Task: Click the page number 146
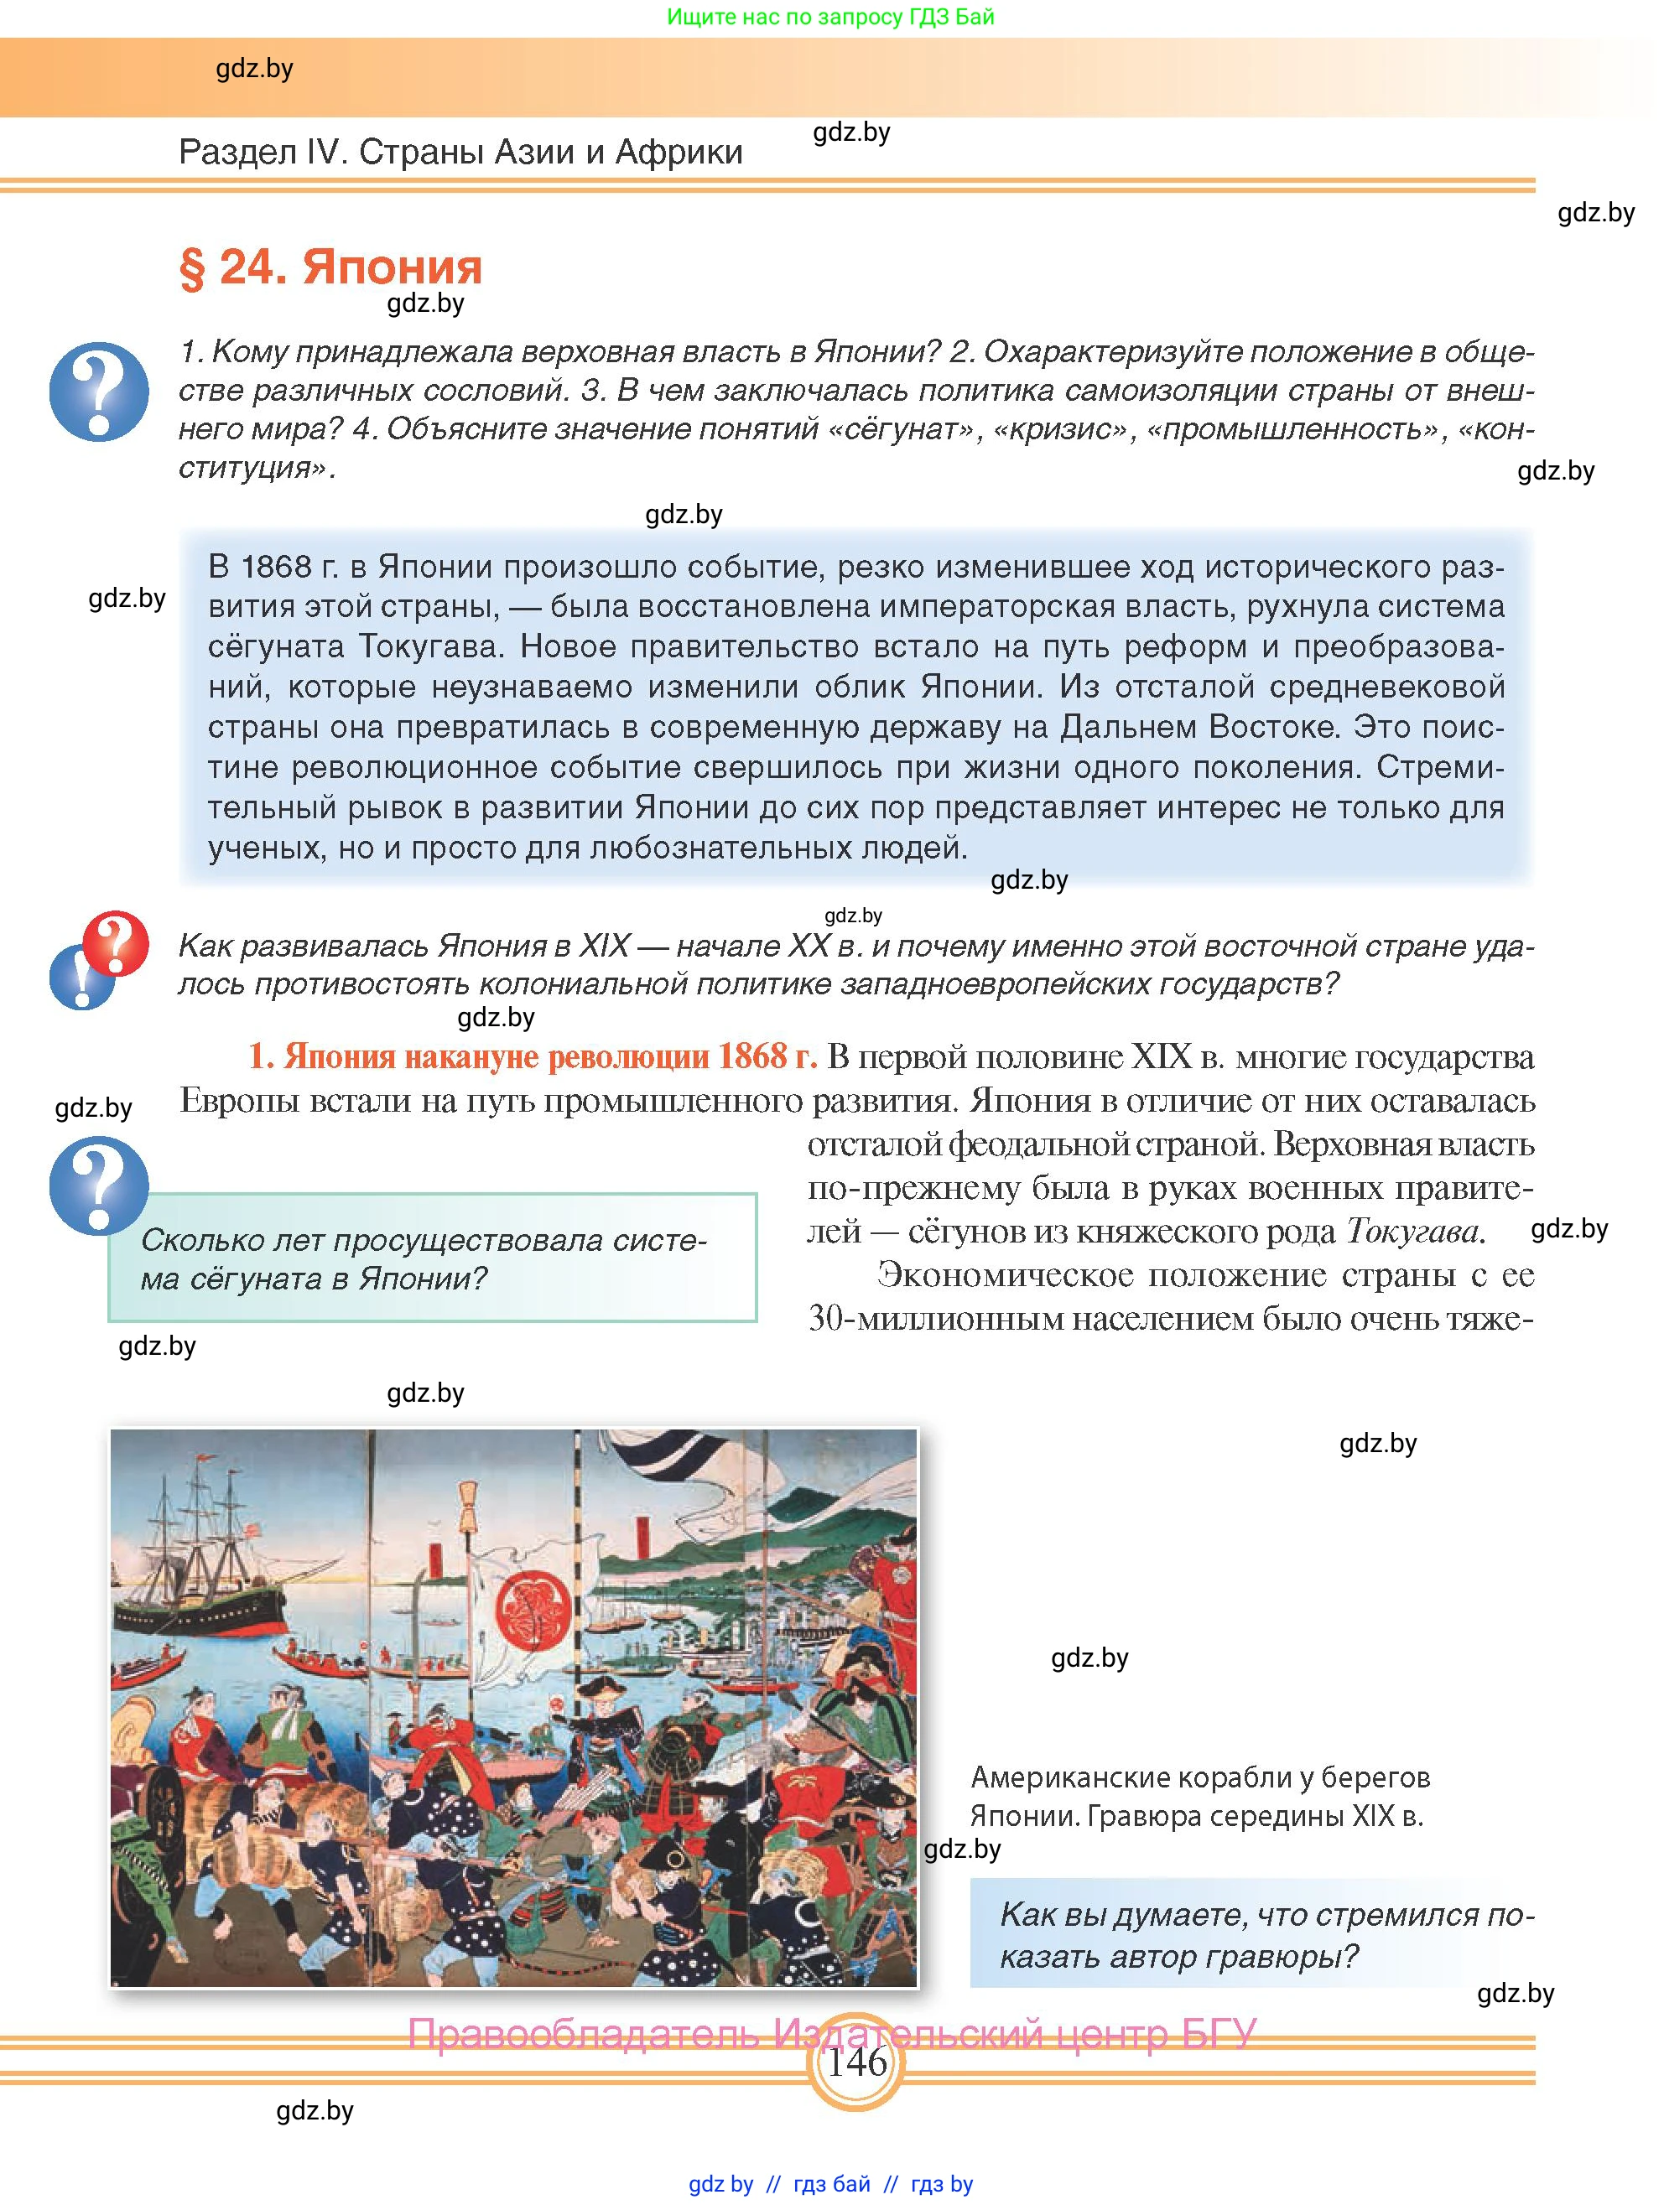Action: click(856, 2061)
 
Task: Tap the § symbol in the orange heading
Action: click(191, 268)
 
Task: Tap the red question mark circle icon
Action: click(116, 942)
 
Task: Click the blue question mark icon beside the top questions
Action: click(99, 391)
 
